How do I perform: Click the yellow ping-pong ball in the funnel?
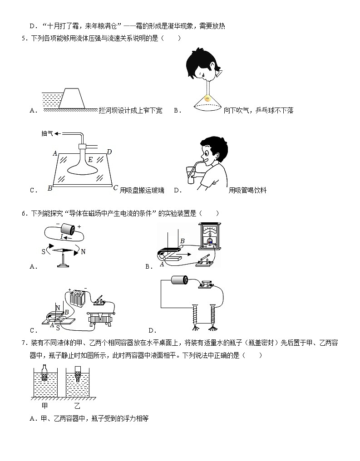click(x=208, y=98)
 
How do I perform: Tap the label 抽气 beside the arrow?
click(x=47, y=134)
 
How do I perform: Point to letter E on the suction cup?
click(x=90, y=159)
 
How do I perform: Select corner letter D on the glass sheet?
click(x=109, y=152)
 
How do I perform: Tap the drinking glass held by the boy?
click(x=190, y=174)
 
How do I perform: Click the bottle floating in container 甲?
click(x=44, y=373)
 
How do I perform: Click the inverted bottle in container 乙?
click(x=77, y=374)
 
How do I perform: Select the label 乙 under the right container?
click(x=77, y=406)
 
